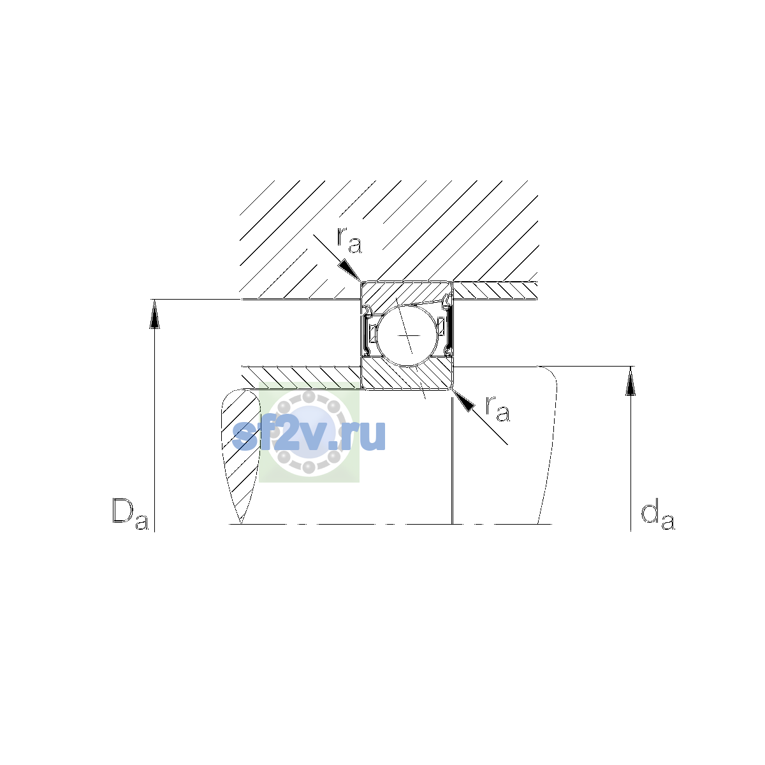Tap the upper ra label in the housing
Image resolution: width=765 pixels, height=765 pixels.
coord(349,240)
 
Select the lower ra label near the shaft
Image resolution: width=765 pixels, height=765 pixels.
coord(497,409)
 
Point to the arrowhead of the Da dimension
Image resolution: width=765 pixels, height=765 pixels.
coord(154,314)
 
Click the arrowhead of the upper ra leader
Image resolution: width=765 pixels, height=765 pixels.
coord(350,271)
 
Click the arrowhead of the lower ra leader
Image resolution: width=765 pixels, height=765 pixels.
coord(463,400)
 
